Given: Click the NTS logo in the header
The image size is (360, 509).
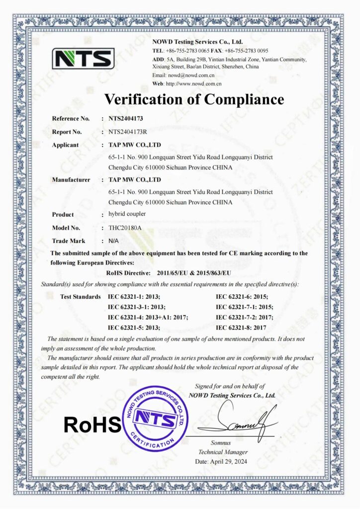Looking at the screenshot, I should (83, 59).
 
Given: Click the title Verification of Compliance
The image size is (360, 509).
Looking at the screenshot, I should (194, 99).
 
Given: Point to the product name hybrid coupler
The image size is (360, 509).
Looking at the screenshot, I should (124, 214).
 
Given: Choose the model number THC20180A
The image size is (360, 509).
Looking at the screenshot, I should (121, 227).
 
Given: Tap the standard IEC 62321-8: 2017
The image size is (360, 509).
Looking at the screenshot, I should (242, 328).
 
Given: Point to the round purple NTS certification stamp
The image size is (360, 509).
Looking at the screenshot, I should (156, 419).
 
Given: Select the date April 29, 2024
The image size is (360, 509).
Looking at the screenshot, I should (221, 461).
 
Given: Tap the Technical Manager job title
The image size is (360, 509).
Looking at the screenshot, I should (223, 452).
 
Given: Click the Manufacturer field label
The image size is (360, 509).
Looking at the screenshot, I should (71, 179).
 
